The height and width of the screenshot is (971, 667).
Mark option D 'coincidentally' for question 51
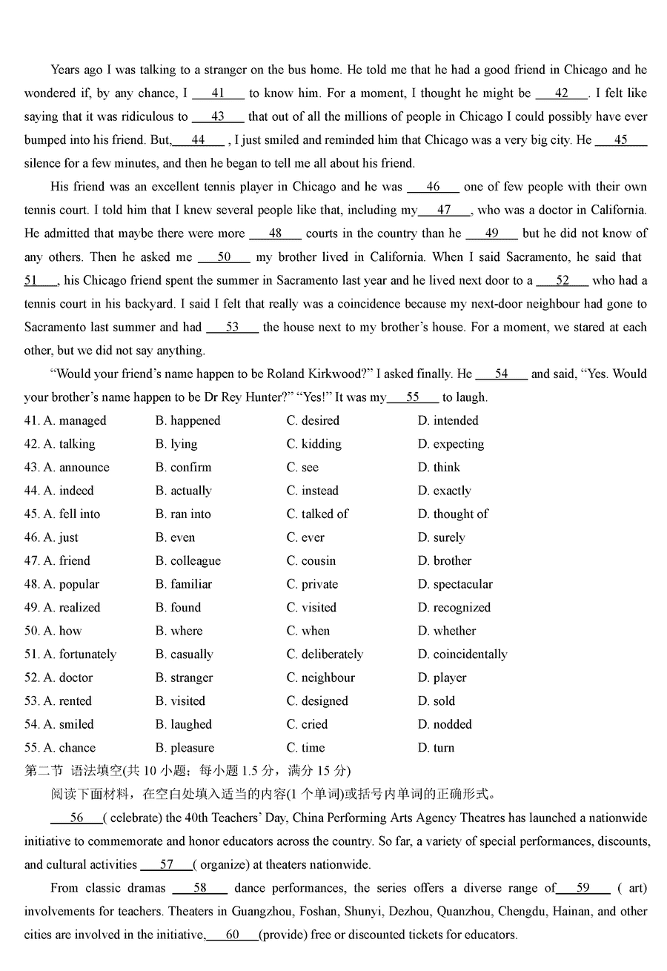click(x=462, y=654)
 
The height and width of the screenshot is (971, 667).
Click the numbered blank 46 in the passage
click(x=433, y=188)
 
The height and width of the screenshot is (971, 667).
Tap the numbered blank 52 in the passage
click(x=562, y=281)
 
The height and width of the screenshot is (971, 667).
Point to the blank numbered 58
click(x=200, y=888)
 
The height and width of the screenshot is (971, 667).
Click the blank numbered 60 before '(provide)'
click(x=232, y=935)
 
